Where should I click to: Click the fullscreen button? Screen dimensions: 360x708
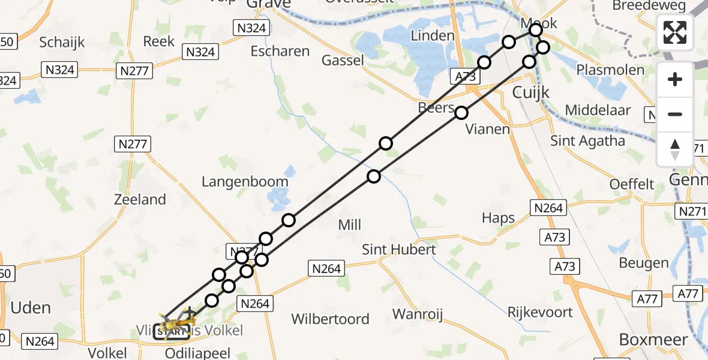click(675, 32)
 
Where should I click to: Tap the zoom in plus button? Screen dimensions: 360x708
click(675, 79)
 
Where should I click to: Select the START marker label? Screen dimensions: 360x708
click(172, 331)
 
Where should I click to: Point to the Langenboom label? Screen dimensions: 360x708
click(245, 181)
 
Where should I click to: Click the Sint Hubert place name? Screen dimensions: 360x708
click(398, 249)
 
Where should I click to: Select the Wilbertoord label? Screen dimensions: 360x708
click(330, 319)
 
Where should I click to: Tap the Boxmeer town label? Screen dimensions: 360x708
click(653, 340)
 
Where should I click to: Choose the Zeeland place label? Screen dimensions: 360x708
click(140, 199)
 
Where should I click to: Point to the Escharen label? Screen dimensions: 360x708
click(280, 51)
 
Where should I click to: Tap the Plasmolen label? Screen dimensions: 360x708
click(610, 70)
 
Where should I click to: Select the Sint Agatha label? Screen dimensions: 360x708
click(588, 141)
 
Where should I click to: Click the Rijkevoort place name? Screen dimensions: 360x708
click(540, 312)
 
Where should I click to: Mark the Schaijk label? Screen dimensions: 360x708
click(62, 42)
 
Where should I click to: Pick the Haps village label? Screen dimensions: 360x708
click(499, 218)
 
